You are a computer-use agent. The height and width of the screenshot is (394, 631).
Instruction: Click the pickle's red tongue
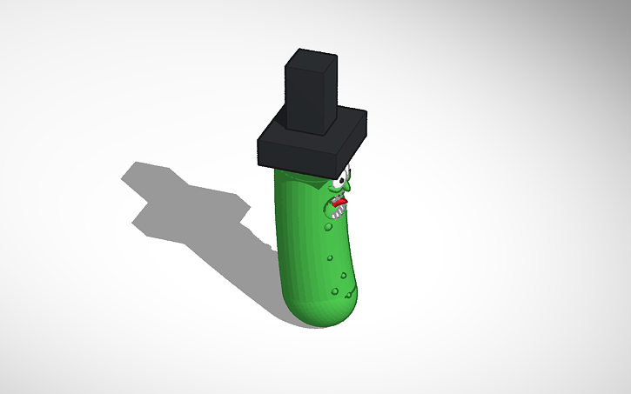(x=339, y=204)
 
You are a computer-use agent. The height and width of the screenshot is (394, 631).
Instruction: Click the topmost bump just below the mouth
(x=327, y=228)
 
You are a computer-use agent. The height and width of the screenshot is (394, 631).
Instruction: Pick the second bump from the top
(x=330, y=258)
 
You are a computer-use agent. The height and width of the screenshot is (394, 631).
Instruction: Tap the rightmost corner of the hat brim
(x=366, y=115)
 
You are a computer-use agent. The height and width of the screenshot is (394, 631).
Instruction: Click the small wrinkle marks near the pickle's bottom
(x=344, y=296)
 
